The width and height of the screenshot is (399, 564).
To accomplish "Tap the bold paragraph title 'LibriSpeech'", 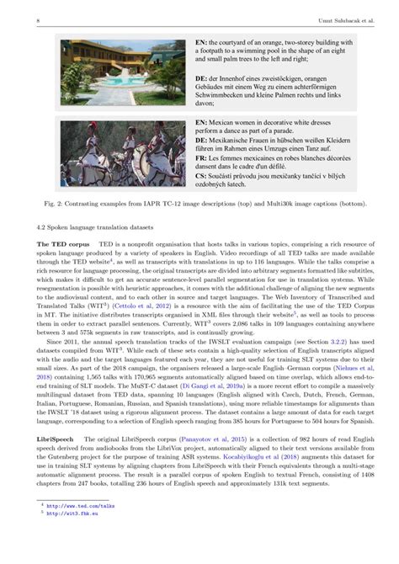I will pyautogui.click(x=41, y=440).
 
